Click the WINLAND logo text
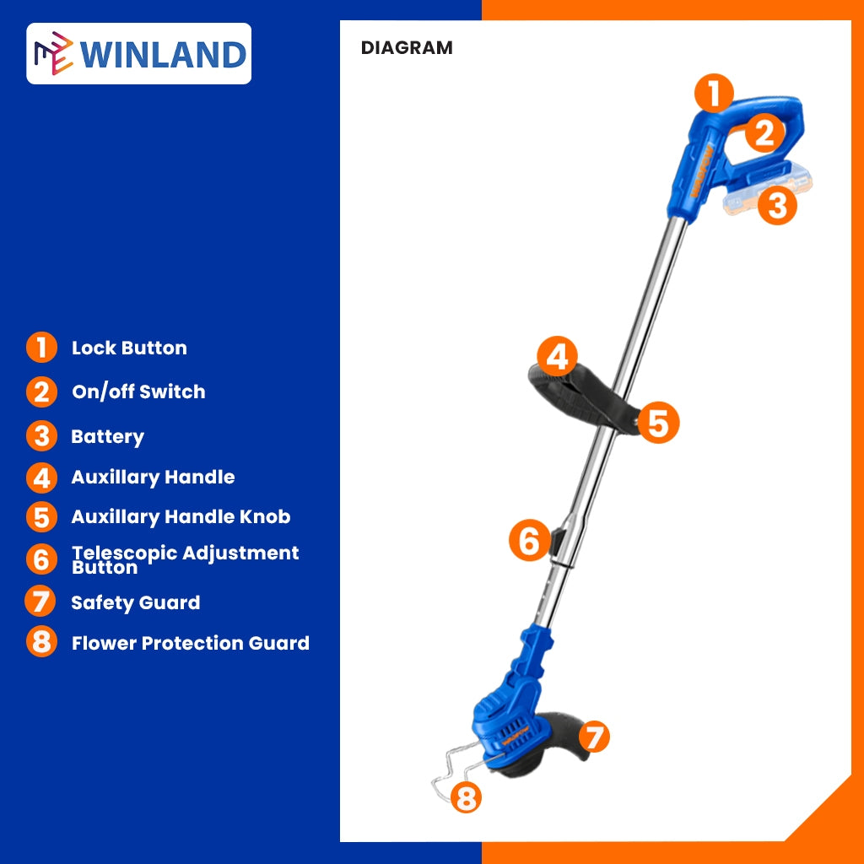tap(163, 54)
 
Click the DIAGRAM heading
tap(407, 48)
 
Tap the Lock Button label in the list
tap(129, 348)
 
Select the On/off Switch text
tap(138, 391)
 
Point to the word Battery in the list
tap(107, 436)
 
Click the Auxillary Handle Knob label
tap(181, 516)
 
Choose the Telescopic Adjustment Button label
tap(185, 559)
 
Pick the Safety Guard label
tap(135, 602)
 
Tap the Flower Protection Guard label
tap(190, 643)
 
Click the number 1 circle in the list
tap(41, 348)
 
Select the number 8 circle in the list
tap(41, 642)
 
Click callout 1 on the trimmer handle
tap(714, 94)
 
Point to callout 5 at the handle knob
tap(658, 422)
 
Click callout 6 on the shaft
tap(529, 540)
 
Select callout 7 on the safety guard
tap(593, 737)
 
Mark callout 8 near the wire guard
tap(466, 796)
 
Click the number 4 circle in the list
tap(41, 477)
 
